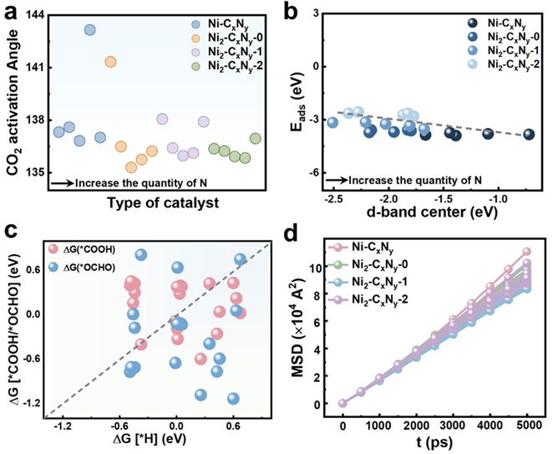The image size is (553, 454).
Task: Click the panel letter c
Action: click(9, 236)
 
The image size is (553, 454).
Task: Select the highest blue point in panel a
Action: click(90, 30)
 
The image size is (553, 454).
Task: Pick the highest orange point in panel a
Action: click(110, 61)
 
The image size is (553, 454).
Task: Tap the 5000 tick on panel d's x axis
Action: click(527, 424)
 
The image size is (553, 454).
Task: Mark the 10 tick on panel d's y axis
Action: click(331, 268)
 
